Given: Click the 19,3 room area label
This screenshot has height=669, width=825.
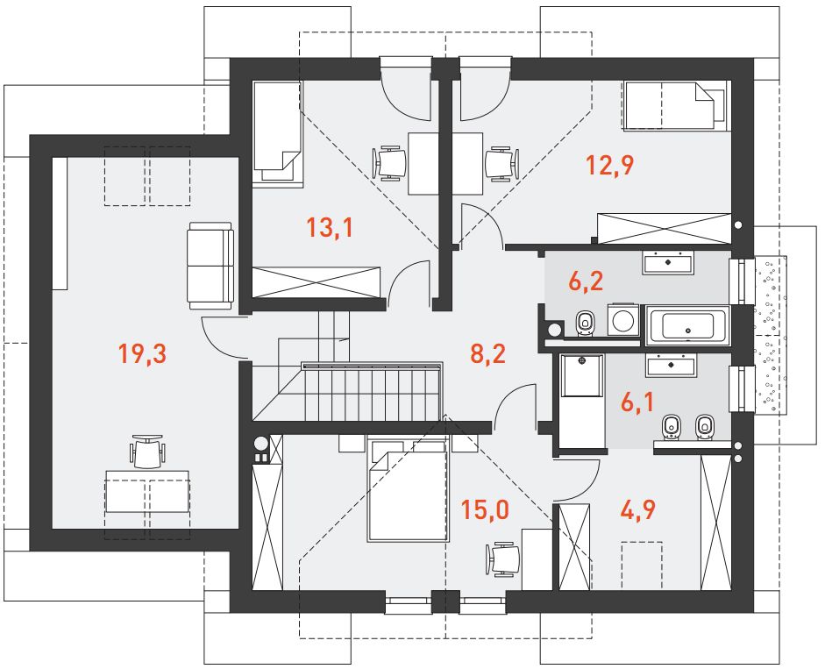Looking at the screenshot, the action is [x=143, y=353].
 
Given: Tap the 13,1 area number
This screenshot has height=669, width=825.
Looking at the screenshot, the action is [x=330, y=228].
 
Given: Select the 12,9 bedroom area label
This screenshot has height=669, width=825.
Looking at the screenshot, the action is [x=610, y=165].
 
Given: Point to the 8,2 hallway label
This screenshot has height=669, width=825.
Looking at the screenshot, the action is [x=487, y=353].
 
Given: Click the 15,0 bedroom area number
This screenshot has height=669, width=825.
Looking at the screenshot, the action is [x=485, y=509].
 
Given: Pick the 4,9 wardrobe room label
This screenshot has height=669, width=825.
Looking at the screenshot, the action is [x=637, y=509].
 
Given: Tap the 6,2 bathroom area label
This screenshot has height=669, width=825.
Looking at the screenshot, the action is [x=587, y=281].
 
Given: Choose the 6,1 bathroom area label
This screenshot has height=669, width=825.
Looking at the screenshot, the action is [x=637, y=402].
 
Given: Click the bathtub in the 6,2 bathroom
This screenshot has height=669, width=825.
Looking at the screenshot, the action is [x=687, y=325].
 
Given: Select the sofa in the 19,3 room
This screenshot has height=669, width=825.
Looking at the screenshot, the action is [x=210, y=266].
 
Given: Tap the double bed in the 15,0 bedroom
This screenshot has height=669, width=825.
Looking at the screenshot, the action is [x=409, y=490].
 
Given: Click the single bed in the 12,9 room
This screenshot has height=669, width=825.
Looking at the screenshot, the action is [x=677, y=104].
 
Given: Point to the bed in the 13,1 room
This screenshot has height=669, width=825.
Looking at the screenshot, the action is [x=278, y=132].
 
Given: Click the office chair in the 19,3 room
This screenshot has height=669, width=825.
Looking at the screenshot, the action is [x=147, y=451].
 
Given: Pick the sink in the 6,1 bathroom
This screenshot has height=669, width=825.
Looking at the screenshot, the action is [x=671, y=365].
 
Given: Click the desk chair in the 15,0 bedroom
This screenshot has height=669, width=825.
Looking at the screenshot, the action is [x=503, y=559].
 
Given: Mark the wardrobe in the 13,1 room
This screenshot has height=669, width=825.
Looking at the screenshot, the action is [x=316, y=281].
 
